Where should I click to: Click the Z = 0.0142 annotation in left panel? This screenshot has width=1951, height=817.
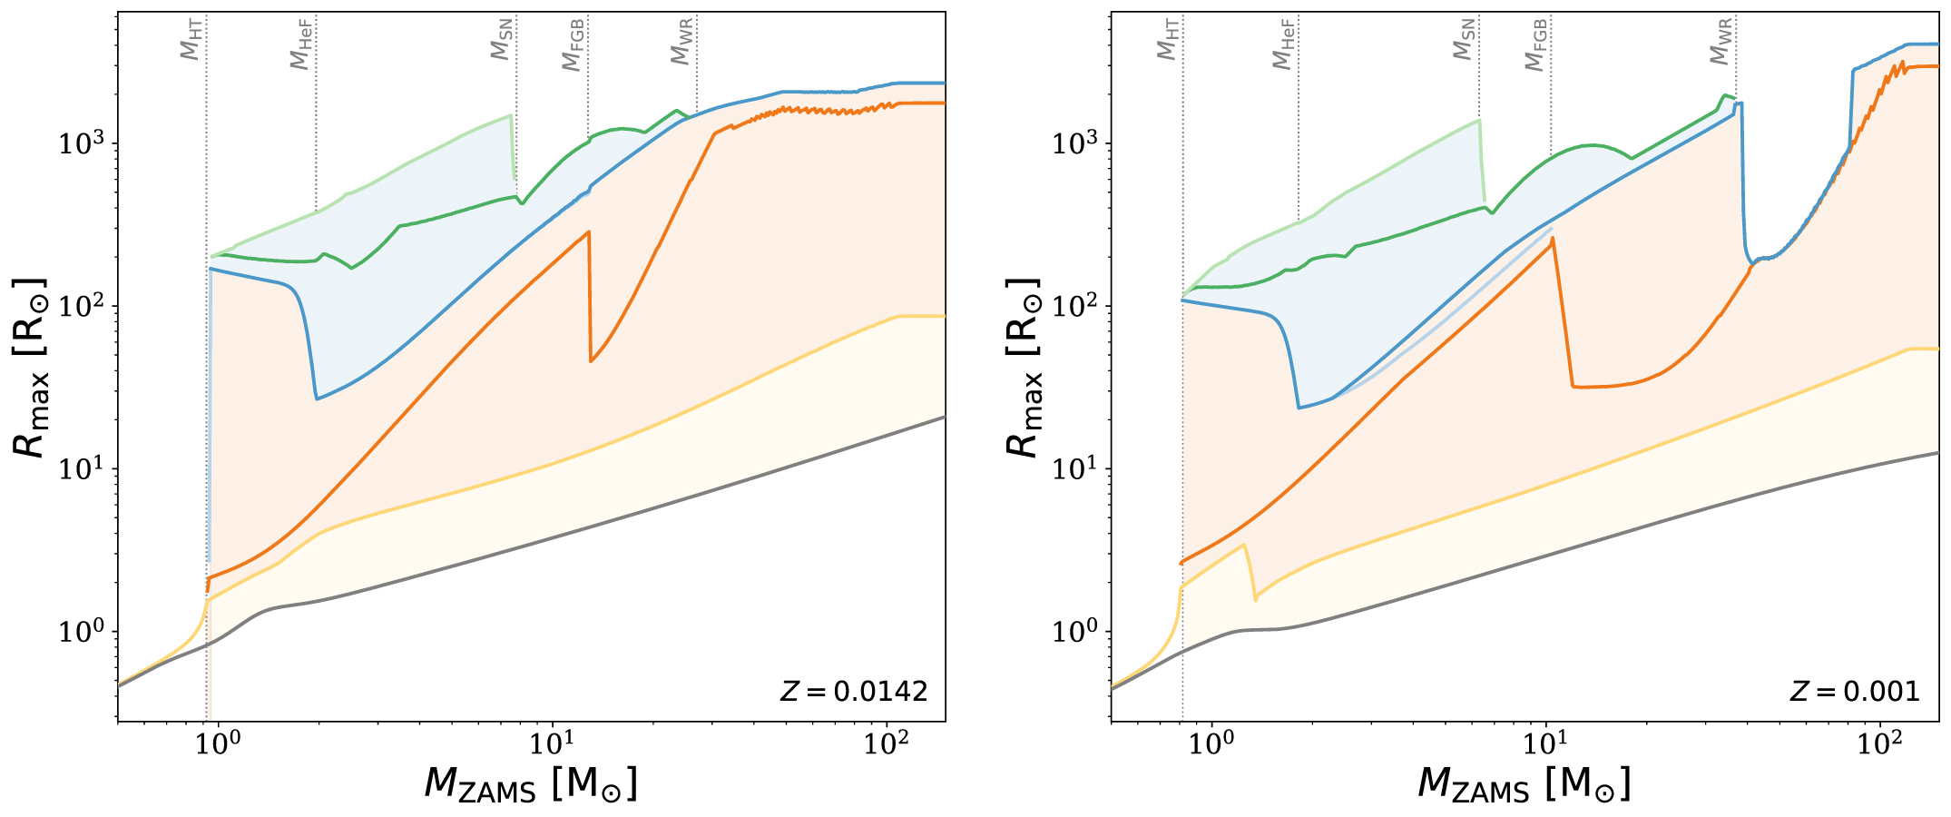(853, 692)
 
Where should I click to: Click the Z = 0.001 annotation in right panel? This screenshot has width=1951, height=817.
(1854, 692)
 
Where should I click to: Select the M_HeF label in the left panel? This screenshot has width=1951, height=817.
(301, 44)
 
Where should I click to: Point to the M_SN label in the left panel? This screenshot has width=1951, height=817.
(502, 40)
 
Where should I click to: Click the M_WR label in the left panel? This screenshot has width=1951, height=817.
(682, 42)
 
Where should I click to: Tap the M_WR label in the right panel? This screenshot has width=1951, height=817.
(1721, 42)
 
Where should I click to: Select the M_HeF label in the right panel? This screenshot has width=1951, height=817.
(1283, 44)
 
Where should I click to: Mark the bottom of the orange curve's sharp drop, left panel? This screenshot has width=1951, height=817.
(591, 361)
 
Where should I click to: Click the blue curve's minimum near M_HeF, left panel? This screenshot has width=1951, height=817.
(317, 399)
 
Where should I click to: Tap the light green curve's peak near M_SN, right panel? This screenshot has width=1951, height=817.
(1479, 120)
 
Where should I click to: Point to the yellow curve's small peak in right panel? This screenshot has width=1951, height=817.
(1244, 545)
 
